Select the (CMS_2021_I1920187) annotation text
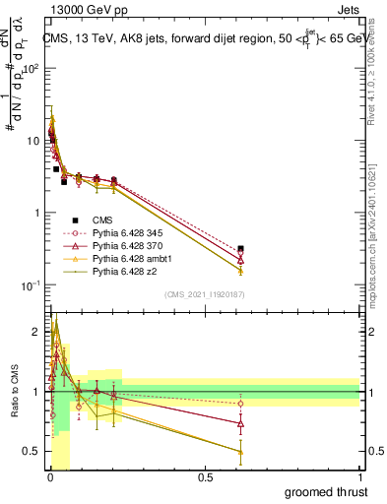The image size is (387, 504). [205, 293]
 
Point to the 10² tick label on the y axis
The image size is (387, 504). [32, 69]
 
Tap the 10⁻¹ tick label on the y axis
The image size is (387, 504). [32, 285]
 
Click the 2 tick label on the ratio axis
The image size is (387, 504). [37, 332]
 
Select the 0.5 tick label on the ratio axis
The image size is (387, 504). [32, 451]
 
